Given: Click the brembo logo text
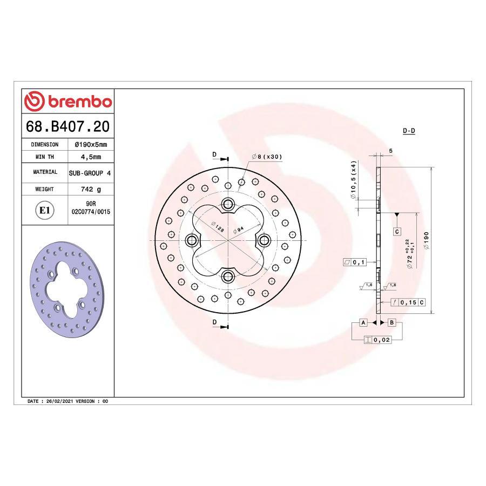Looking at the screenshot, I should pyautogui.click(x=79, y=101).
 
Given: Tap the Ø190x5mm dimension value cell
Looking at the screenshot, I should pyautogui.click(x=88, y=145).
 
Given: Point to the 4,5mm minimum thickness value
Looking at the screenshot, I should pyautogui.click(x=88, y=157).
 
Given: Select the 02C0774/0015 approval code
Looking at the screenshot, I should pyautogui.click(x=90, y=213).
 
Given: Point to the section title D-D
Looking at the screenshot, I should pyautogui.click(x=409, y=131).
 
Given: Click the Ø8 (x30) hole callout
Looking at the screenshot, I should pyautogui.click(x=267, y=157).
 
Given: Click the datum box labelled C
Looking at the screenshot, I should pyautogui.click(x=396, y=231).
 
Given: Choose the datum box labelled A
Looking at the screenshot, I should pyautogui.click(x=363, y=322).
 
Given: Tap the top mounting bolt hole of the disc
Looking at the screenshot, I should pyautogui.click(x=227, y=204).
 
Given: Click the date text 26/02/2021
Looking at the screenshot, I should pyautogui.click(x=59, y=402).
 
